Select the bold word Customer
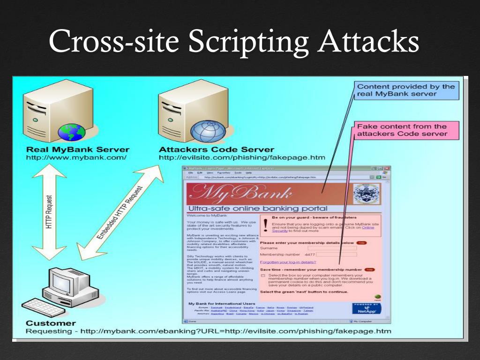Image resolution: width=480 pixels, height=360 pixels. click(x=51, y=323)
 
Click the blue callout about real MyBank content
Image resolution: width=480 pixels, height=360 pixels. click(x=406, y=90)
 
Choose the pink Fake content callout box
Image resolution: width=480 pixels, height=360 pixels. click(x=402, y=130)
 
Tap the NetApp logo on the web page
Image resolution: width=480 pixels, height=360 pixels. click(x=366, y=308)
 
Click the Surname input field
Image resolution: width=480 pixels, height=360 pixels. click(x=332, y=248)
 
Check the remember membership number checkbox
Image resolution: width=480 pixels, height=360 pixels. click(x=263, y=276)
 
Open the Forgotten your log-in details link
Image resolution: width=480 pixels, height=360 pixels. click(x=288, y=262)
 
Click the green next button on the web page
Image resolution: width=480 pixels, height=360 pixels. click(x=378, y=297)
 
